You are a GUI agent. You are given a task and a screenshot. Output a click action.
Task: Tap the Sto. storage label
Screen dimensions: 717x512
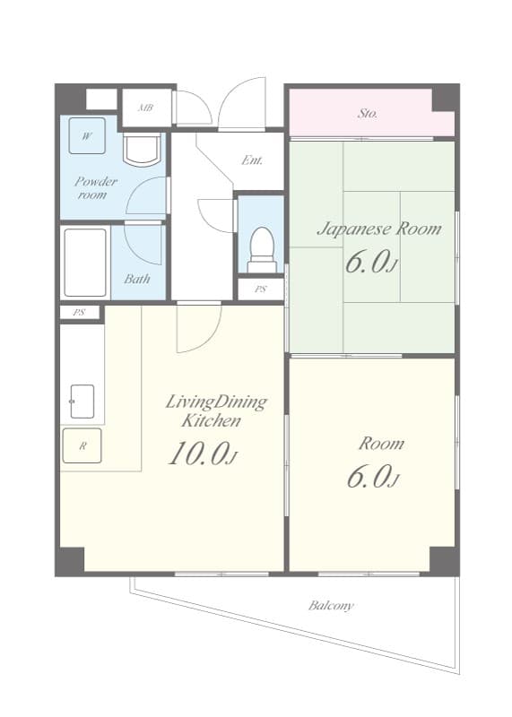coord(368,114)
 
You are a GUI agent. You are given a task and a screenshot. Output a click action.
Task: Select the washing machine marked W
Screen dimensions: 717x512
coord(87,136)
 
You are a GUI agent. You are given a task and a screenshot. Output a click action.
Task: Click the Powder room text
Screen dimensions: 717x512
coord(95,187)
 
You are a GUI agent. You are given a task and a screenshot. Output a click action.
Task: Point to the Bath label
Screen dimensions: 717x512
coord(137,279)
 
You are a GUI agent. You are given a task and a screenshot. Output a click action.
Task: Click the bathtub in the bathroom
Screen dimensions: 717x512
coord(86,261)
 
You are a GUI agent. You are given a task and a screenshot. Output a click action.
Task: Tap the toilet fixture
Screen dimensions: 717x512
coord(261,249)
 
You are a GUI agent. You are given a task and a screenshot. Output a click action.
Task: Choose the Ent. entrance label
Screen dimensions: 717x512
coord(253,160)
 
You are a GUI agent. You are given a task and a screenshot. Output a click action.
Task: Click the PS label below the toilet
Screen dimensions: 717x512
coord(260,289)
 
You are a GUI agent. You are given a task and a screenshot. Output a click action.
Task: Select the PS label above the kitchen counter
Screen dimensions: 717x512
coord(80,313)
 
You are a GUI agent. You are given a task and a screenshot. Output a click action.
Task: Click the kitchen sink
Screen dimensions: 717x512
coord(82,402)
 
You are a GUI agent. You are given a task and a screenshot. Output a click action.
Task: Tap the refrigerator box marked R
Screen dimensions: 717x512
coord(82,445)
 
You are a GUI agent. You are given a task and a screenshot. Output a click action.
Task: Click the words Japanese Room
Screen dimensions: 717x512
coord(378,229)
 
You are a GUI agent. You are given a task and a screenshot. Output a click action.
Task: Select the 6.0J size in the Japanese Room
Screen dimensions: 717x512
coord(370,263)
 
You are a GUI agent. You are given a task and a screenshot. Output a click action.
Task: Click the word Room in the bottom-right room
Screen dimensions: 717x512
coord(381,443)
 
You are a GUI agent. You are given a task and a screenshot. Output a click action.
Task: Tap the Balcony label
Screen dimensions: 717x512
coord(331,606)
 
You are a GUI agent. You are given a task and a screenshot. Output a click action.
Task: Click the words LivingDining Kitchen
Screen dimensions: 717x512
coord(215,410)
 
